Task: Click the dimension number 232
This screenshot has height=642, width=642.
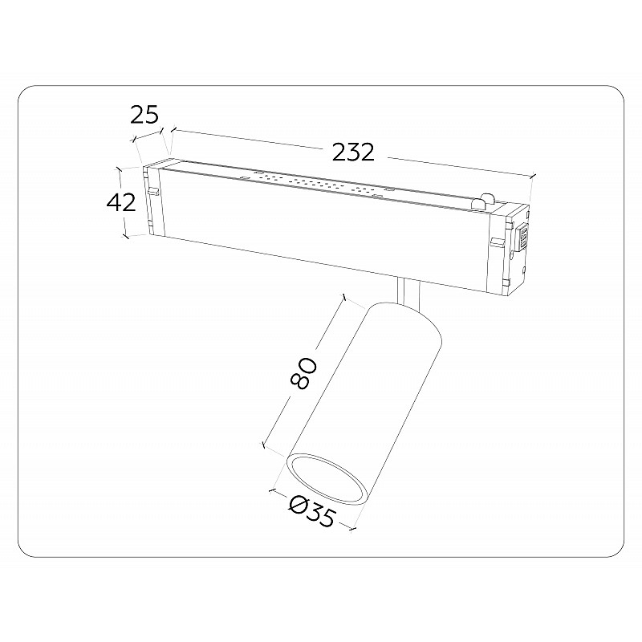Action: point(353,152)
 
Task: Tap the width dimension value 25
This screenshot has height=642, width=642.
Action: point(144,115)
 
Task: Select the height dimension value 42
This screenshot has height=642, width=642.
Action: point(121,202)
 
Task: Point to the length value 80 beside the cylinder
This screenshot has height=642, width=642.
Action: point(303,372)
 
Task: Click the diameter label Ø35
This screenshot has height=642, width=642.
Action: point(312,510)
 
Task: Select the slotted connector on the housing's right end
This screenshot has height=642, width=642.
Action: point(522,238)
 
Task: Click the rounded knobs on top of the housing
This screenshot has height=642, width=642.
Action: point(483,201)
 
